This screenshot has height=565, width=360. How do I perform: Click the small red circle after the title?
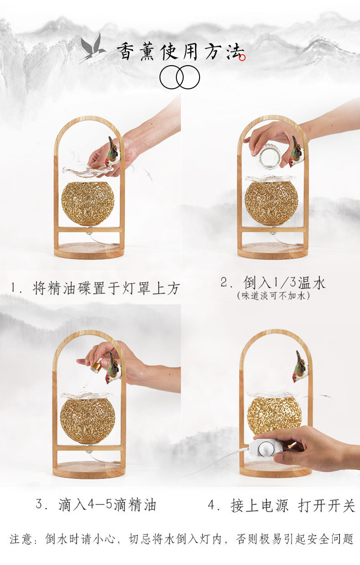pyautogui.click(x=242, y=58)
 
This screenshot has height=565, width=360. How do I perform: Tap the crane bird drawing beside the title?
pyautogui.click(x=93, y=48)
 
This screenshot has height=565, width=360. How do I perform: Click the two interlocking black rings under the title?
pyautogui.click(x=180, y=77)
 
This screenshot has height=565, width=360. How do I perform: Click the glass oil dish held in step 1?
pyautogui.click(x=87, y=170)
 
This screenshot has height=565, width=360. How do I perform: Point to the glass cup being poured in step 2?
pyautogui.click(x=268, y=156)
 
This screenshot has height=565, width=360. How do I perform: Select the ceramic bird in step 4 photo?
pyautogui.click(x=300, y=367)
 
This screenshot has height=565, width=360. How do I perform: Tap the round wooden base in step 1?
pyautogui.click(x=89, y=251)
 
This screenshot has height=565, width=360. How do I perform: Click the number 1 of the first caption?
pyautogui.click(x=13, y=288)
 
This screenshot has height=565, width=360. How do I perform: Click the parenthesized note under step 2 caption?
pyautogui.click(x=273, y=296)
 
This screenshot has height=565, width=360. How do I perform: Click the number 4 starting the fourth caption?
pyautogui.click(x=211, y=505)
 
